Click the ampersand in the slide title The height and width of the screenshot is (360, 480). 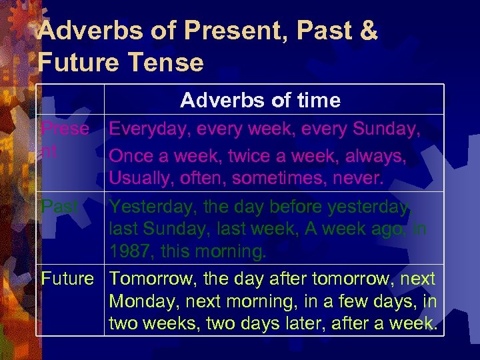(x=367, y=31)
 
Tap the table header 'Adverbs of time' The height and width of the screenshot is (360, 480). (x=260, y=100)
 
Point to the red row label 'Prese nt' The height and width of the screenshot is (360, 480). (x=65, y=139)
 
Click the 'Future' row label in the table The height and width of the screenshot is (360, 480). (x=67, y=278)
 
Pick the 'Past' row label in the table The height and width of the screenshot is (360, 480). (x=59, y=207)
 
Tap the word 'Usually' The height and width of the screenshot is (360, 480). (x=138, y=179)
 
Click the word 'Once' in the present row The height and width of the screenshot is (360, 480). (x=131, y=155)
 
